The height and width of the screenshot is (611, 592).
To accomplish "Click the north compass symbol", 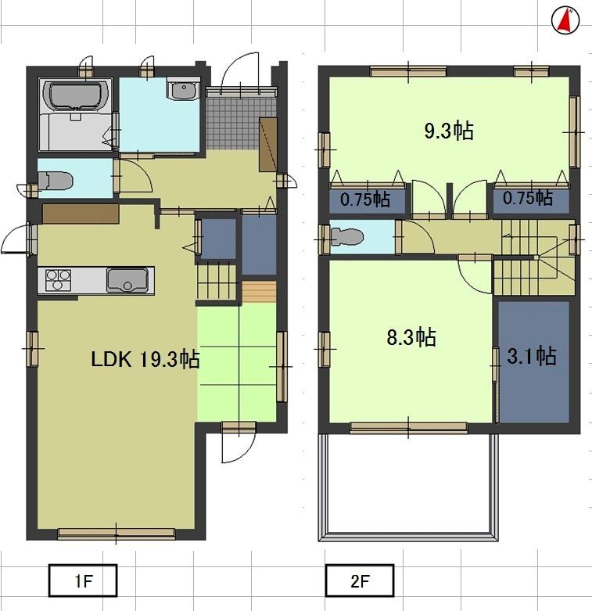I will click(x=564, y=20).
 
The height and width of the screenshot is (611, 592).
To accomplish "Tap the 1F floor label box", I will click(x=82, y=581).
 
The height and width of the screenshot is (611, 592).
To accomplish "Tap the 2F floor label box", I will click(x=359, y=581).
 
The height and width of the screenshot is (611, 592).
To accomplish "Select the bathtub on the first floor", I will click(x=75, y=97).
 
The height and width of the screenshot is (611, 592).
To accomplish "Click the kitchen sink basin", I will click(x=124, y=279).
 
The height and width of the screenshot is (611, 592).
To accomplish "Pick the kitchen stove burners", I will click(x=59, y=279).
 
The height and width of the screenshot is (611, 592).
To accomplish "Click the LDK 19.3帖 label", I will click(x=145, y=359).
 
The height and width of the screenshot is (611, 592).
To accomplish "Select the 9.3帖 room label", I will click(x=448, y=131).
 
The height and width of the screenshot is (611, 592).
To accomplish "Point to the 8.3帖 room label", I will click(x=411, y=337).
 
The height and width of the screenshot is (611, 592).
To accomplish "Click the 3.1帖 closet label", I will click(x=532, y=357).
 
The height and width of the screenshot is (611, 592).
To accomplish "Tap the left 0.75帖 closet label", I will click(x=365, y=199).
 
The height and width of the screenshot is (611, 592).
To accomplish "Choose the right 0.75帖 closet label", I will click(x=527, y=198).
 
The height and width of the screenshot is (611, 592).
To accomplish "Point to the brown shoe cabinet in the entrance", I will click(x=269, y=144).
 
